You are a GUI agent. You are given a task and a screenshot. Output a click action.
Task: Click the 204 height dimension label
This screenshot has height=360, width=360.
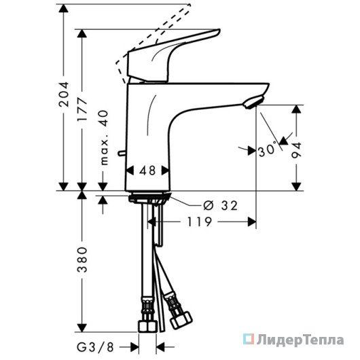[64, 94]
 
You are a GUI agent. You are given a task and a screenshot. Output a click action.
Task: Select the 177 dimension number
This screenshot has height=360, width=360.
[82, 109]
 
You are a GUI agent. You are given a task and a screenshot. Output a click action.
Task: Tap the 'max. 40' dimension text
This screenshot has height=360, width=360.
[104, 138]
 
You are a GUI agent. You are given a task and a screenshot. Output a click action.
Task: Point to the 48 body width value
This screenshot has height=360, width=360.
[147, 170]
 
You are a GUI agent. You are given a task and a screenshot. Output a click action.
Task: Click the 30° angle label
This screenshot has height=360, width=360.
[268, 150]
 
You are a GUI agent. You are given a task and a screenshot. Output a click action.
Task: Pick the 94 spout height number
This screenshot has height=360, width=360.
[296, 151]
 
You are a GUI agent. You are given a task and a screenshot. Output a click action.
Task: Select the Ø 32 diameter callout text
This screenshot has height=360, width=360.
[220, 206]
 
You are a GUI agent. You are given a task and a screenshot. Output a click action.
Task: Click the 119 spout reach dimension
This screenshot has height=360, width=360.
[199, 222]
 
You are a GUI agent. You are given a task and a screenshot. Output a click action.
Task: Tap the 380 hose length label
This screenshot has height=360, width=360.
[82, 259]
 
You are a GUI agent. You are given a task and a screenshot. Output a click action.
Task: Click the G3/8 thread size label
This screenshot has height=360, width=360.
[95, 347]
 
